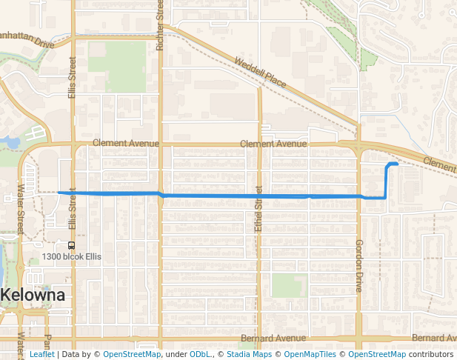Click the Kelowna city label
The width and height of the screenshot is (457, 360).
(33, 295)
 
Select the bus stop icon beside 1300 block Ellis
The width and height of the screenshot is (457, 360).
(71, 244)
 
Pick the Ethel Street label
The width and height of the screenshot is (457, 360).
(258, 210)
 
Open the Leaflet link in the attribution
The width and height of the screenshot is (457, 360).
(41, 354)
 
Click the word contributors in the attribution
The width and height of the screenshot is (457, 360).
(431, 354)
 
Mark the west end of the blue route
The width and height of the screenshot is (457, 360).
(59, 193)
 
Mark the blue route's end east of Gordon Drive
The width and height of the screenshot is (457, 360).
(398, 164)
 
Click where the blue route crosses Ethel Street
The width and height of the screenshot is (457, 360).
(258, 196)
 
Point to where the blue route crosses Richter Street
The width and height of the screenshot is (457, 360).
(160, 195)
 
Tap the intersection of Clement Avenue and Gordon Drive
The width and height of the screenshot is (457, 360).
(358, 144)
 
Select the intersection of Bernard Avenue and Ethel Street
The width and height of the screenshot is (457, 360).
(258, 338)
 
